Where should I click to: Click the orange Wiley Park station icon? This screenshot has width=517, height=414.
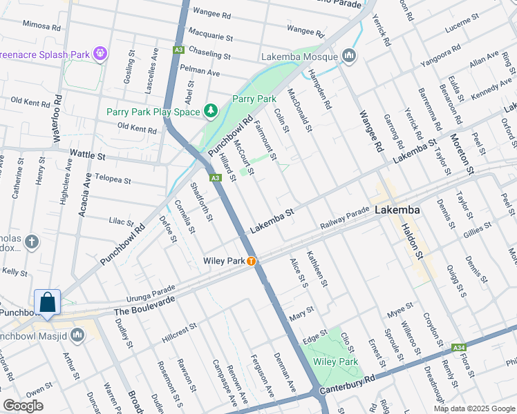pyautogui.click(x=252, y=261)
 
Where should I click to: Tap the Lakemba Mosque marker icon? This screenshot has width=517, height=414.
pyautogui.click(x=349, y=56)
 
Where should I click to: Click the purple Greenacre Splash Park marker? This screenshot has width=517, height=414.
pyautogui.click(x=101, y=52)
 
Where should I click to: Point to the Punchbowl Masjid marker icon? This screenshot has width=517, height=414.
pyautogui.click(x=77, y=335)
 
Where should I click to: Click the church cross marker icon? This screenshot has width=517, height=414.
pyautogui.click(x=31, y=242)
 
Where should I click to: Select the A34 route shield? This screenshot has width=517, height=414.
pyautogui.click(x=460, y=347)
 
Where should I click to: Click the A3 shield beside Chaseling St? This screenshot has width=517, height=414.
pyautogui.click(x=179, y=50)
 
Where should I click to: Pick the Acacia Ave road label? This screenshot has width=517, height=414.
pyautogui.click(x=86, y=195)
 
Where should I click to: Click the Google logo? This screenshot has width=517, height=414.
pyautogui.click(x=23, y=406)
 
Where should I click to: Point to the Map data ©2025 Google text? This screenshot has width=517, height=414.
pyautogui.click(x=474, y=408)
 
